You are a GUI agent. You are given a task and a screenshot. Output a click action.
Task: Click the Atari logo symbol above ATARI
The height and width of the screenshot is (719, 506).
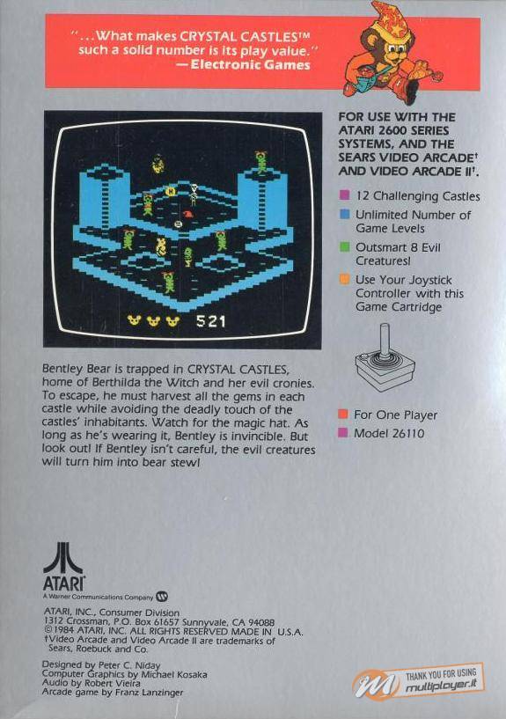tap(63, 558)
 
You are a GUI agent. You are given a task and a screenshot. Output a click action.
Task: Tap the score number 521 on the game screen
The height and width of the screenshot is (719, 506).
tap(211, 321)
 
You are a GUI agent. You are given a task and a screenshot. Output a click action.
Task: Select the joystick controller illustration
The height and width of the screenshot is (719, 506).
tap(385, 357)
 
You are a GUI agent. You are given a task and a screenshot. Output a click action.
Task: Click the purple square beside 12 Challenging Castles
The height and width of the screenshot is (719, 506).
tap(344, 195)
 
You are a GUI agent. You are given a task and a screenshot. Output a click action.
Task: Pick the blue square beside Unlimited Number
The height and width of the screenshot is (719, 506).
tap(345, 214)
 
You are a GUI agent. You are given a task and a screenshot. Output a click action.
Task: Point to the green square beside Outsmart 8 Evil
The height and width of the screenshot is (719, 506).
tap(345, 246)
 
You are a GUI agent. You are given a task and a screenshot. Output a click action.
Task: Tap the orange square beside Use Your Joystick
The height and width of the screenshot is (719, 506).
tap(345, 279)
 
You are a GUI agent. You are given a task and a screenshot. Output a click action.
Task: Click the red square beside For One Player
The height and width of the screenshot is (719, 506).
tap(343, 415)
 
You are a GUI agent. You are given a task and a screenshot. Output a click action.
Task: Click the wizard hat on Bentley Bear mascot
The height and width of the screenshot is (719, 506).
tap(389, 19)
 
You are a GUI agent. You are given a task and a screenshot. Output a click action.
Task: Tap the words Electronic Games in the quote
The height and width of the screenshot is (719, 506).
tap(250, 64)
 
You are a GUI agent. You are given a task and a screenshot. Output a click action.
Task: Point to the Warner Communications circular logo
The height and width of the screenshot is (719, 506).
tap(162, 597)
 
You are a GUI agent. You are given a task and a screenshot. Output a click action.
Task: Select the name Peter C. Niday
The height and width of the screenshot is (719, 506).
tap(129, 665)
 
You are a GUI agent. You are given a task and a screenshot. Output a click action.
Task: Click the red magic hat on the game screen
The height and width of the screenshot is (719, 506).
tap(187, 214)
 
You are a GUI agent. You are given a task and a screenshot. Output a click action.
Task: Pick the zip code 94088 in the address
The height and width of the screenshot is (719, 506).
tap(261, 622)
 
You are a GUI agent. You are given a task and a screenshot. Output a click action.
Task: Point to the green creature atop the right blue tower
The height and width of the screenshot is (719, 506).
tap(261, 162)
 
